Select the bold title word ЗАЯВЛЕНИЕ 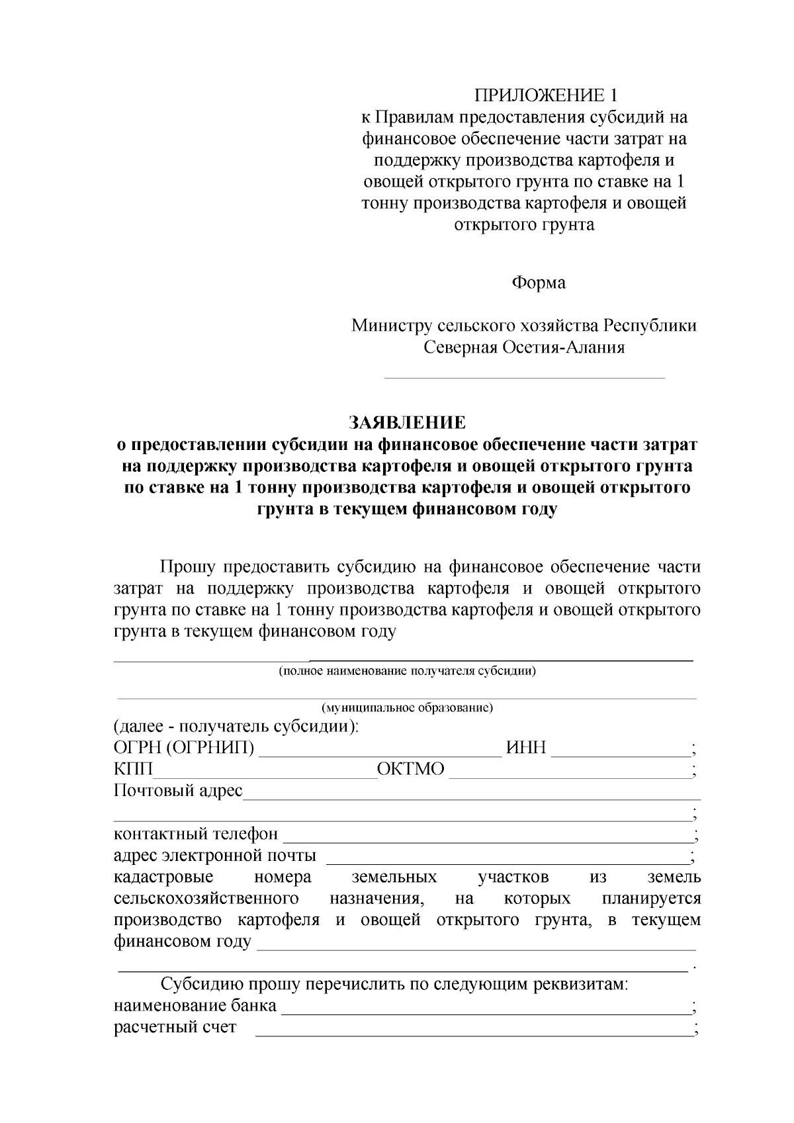click(407, 422)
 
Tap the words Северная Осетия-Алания click(524, 347)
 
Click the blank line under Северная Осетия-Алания click(524, 377)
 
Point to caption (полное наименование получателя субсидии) click(406, 671)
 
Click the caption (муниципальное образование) click(406, 707)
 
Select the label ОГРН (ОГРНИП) click(184, 748)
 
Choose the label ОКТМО click(410, 770)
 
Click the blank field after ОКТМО click(569, 775)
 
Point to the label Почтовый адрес click(178, 791)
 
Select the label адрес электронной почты click(214, 856)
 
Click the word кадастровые click(163, 877)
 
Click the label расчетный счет click(175, 1028)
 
